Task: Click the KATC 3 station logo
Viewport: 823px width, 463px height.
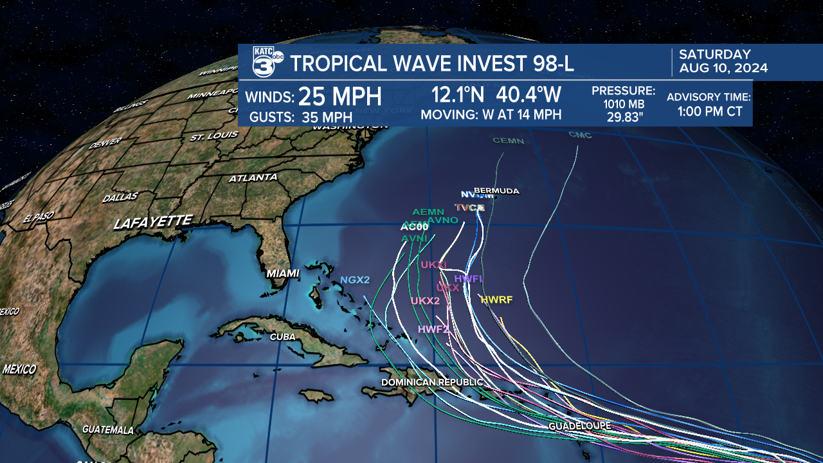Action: (267, 63)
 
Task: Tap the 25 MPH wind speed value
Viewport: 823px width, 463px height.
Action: (340, 96)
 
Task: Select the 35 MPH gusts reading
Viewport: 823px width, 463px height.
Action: (327, 117)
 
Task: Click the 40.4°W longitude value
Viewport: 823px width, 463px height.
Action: (529, 95)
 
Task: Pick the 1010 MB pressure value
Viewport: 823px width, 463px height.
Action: (623, 104)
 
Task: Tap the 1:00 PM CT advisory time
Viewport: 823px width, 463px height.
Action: (710, 111)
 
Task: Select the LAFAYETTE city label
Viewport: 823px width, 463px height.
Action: (153, 222)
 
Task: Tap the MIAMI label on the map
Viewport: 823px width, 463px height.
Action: (283, 273)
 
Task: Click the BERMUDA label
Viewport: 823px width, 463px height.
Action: (496, 191)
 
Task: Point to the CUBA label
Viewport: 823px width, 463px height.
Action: (283, 336)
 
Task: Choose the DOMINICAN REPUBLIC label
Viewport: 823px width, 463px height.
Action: (431, 382)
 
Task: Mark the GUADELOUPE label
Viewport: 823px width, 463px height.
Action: (579, 426)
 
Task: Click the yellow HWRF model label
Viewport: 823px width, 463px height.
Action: (496, 299)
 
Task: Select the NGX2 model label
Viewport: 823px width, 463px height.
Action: (355, 280)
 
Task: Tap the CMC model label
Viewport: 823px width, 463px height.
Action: (580, 135)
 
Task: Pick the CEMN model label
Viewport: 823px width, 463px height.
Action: (508, 140)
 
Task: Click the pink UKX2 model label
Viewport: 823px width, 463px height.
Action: (425, 300)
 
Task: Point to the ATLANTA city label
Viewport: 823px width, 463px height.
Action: (253, 177)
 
